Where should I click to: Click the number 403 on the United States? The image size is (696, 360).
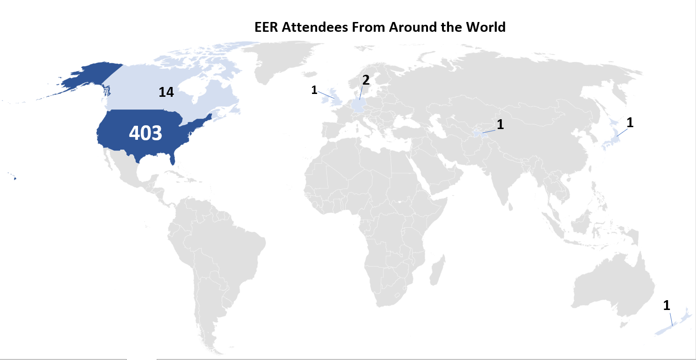pyautogui.click(x=145, y=133)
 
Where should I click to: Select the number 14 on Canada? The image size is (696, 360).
pyautogui.click(x=166, y=93)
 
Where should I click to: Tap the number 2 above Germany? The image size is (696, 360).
pyautogui.click(x=366, y=80)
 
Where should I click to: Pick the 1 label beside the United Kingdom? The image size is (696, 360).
pyautogui.click(x=314, y=90)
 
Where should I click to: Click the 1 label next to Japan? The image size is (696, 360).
pyautogui.click(x=630, y=123)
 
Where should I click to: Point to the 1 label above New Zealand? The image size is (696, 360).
pyautogui.click(x=667, y=306)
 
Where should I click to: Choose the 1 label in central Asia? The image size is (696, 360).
pyautogui.click(x=500, y=124)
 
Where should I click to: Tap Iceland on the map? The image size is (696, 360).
pyautogui.click(x=310, y=74)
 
